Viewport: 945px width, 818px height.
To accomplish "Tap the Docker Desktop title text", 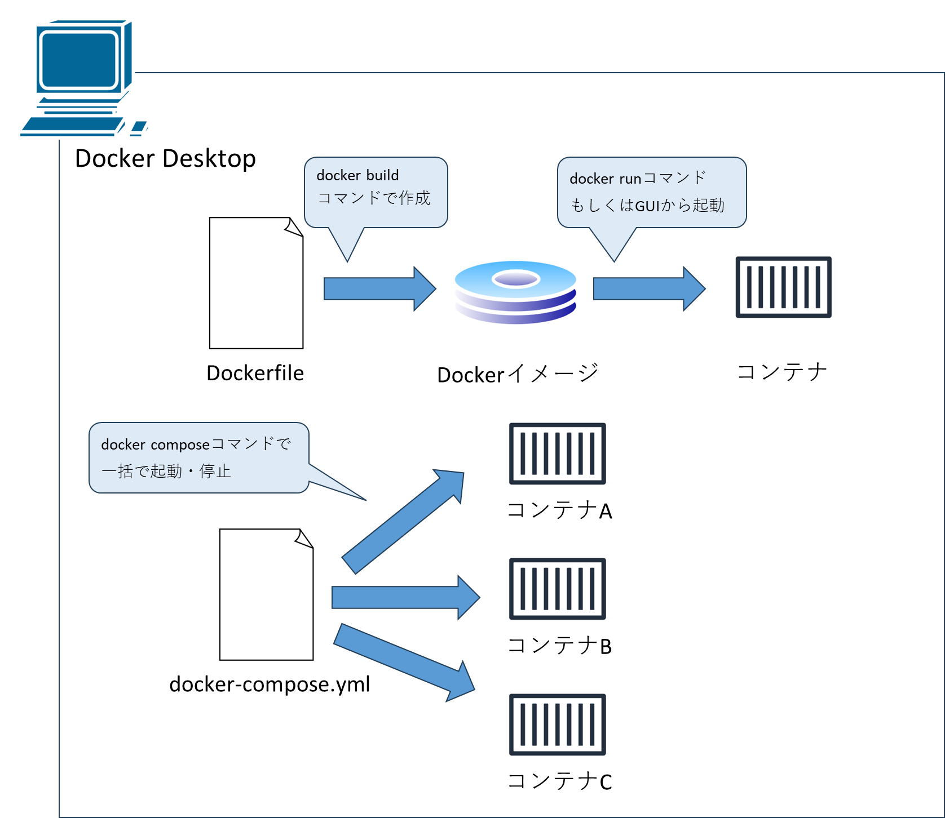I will click(x=165, y=158).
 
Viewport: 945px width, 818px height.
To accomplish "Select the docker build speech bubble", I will click(x=376, y=192).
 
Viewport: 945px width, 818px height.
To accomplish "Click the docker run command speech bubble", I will click(x=651, y=192).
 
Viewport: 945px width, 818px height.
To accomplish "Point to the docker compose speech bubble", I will click(x=198, y=457).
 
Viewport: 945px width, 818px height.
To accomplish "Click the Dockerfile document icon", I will click(x=256, y=283).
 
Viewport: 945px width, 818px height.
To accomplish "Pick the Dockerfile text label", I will click(x=255, y=373).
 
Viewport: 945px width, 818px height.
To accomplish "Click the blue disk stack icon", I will click(x=515, y=292).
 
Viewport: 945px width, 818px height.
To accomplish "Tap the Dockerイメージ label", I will click(x=518, y=374).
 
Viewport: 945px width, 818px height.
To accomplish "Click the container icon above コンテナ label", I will click(x=783, y=287).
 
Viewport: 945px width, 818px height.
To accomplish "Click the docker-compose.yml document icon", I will click(x=266, y=594).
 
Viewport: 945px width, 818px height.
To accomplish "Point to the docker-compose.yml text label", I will click(x=270, y=684).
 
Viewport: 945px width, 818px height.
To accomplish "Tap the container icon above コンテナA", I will click(x=557, y=454).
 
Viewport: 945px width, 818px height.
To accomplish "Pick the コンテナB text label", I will click(x=559, y=646).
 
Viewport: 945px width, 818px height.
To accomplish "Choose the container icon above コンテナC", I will click(x=557, y=724).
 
